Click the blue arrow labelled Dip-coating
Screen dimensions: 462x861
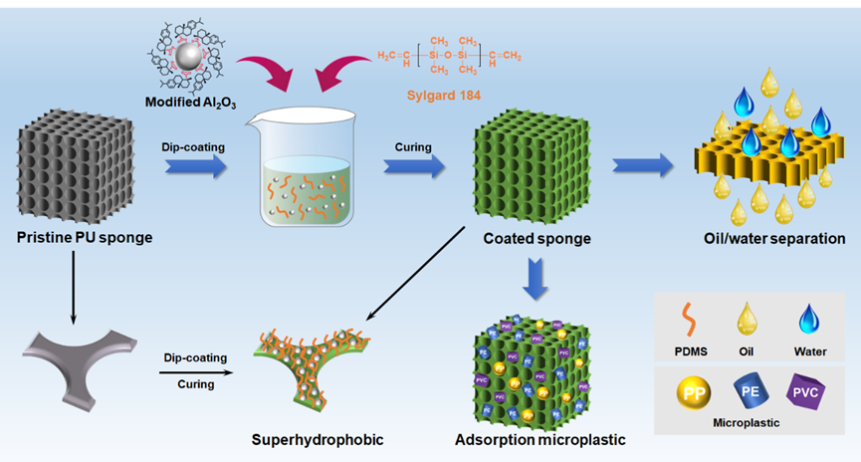196,169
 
